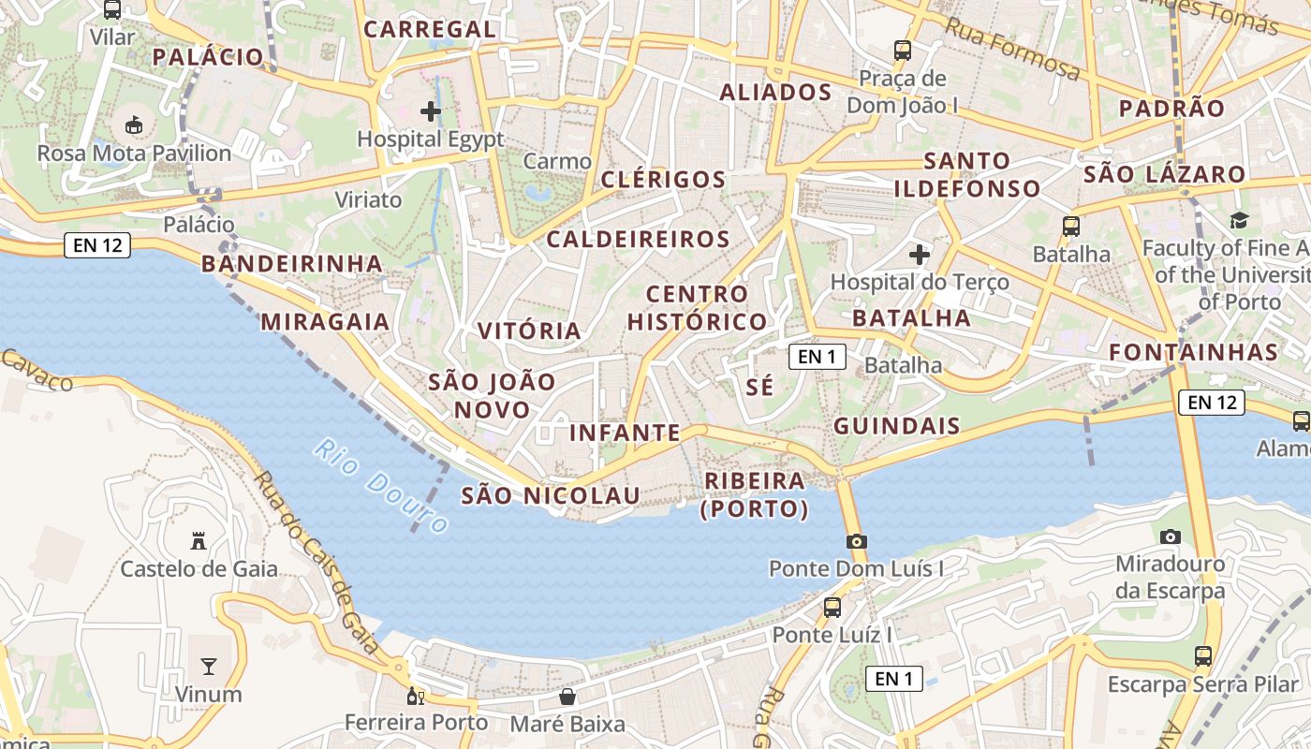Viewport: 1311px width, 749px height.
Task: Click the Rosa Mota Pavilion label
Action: click(x=134, y=153)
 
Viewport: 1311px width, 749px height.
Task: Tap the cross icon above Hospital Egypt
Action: click(x=431, y=112)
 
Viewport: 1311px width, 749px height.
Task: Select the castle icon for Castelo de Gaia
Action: click(x=199, y=540)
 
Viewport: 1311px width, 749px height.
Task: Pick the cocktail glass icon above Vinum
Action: click(x=208, y=667)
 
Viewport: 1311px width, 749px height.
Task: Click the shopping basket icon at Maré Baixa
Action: click(x=567, y=697)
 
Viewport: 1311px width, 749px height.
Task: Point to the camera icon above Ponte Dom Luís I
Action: click(x=856, y=541)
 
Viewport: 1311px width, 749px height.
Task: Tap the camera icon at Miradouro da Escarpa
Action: click(x=1170, y=537)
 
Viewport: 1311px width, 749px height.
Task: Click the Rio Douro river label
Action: click(x=380, y=485)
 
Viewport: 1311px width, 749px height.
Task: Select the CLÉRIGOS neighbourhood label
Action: click(x=664, y=180)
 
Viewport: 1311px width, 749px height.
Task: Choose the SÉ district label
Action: click(x=760, y=387)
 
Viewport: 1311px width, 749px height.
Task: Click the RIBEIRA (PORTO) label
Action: click(x=755, y=494)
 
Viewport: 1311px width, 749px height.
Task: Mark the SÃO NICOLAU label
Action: click(x=551, y=495)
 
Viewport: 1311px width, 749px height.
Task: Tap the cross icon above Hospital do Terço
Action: click(x=920, y=254)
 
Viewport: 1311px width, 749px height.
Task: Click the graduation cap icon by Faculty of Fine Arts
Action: click(x=1239, y=221)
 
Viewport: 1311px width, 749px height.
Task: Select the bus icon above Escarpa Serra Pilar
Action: click(x=1203, y=656)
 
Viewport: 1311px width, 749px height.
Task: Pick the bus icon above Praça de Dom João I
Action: click(x=903, y=51)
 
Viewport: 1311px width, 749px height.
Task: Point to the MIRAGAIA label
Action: click(x=325, y=322)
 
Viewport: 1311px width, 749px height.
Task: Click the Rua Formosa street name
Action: click(x=1012, y=49)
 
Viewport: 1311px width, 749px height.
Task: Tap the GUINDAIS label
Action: click(x=897, y=427)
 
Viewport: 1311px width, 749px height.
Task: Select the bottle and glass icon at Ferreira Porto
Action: click(x=416, y=697)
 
